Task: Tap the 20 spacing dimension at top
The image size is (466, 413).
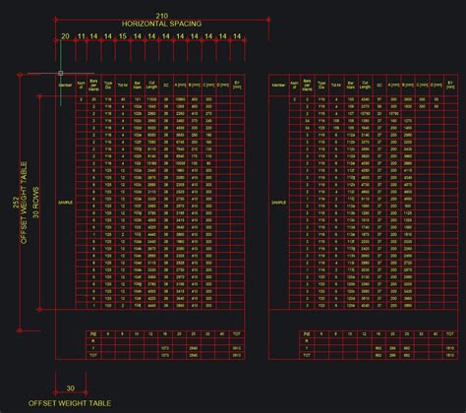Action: (65, 35)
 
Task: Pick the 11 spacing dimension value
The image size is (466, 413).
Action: (82, 35)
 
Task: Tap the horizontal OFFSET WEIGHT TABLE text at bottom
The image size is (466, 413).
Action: (70, 403)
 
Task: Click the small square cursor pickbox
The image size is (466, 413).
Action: (60, 73)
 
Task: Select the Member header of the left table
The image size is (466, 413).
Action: (66, 87)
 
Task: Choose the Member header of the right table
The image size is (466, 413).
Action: (278, 87)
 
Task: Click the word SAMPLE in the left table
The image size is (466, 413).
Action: (66, 202)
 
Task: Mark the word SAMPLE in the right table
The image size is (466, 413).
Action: (278, 202)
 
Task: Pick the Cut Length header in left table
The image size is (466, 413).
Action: (151, 87)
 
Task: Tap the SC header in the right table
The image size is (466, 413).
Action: (379, 87)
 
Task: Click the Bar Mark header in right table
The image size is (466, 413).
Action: (350, 87)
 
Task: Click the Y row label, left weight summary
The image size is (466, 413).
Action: (94, 347)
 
